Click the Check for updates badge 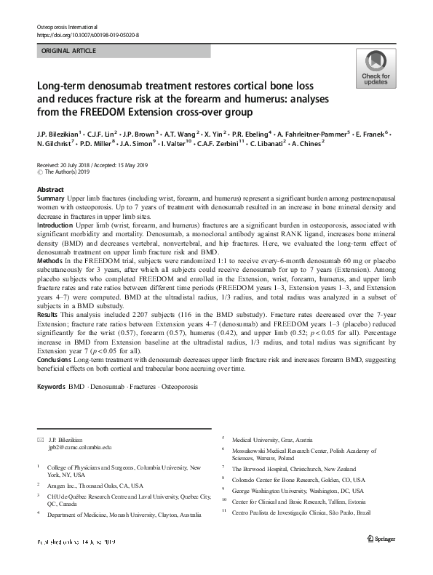tap(375, 70)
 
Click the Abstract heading tap(50, 188)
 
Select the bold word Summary tap(52, 198)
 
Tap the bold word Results tap(49, 315)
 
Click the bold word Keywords tap(50, 385)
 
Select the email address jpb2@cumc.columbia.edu tap(80, 449)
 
